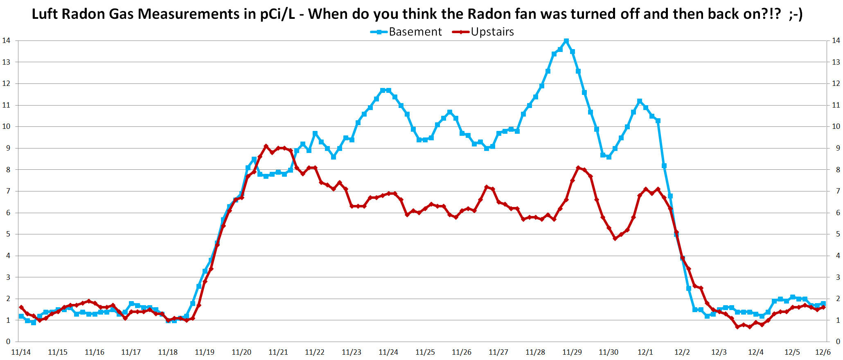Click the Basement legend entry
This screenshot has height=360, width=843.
click(x=415, y=32)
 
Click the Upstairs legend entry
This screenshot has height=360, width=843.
click(x=492, y=32)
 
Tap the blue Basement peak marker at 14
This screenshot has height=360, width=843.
click(x=566, y=41)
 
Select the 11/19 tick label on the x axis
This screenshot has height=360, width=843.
click(x=205, y=352)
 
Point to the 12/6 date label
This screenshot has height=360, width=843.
click(x=823, y=352)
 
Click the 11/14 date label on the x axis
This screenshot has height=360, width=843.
click(x=21, y=352)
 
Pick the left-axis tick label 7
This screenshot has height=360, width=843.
click(x=6, y=191)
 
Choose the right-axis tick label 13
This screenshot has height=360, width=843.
click(x=836, y=62)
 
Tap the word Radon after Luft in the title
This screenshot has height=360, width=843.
click(x=86, y=14)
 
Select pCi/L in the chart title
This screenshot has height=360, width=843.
click(x=277, y=14)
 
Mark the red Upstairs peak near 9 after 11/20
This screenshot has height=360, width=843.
click(x=266, y=146)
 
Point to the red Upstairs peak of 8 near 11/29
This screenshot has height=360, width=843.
click(x=578, y=168)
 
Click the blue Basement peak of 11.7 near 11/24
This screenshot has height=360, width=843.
click(x=383, y=90)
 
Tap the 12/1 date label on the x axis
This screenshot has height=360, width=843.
click(x=645, y=352)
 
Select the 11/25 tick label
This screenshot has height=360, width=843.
click(x=425, y=352)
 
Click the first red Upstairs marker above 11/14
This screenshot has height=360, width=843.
click(x=21, y=307)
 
